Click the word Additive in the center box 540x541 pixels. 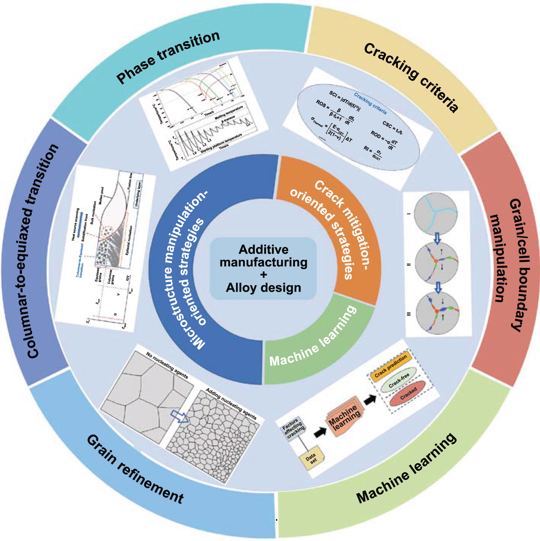[x=263, y=250]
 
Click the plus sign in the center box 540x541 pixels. [x=264, y=275]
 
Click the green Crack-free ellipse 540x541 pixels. [x=399, y=380]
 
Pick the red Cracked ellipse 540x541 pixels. [x=408, y=394]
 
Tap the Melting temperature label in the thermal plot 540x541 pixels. [x=229, y=113]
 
